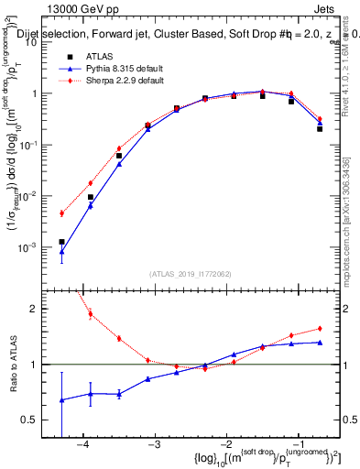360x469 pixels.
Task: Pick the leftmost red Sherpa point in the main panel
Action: point(61,213)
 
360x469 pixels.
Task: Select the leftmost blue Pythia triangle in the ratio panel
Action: point(61,399)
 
